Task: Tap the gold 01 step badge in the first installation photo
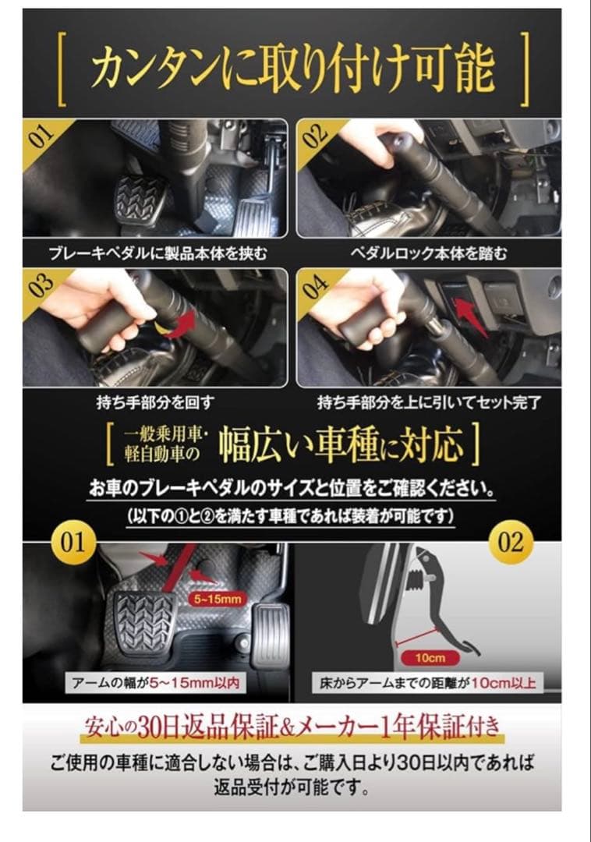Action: point(42,137)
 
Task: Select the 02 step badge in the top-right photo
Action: point(317,137)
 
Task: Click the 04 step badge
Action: point(317,287)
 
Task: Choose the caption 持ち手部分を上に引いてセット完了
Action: point(428,402)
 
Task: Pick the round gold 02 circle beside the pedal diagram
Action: point(511,542)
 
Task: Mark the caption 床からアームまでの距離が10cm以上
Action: point(428,684)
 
